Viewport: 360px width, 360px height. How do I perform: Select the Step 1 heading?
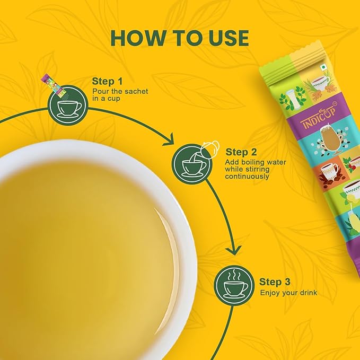[x=107, y=81]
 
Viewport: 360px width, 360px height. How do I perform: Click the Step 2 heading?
[x=241, y=152]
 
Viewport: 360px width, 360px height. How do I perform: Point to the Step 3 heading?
[x=275, y=282]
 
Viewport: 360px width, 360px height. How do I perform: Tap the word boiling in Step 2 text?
[x=250, y=161]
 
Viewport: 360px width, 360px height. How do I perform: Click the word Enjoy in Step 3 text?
[x=269, y=292]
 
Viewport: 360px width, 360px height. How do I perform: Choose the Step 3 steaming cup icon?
[x=232, y=285]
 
